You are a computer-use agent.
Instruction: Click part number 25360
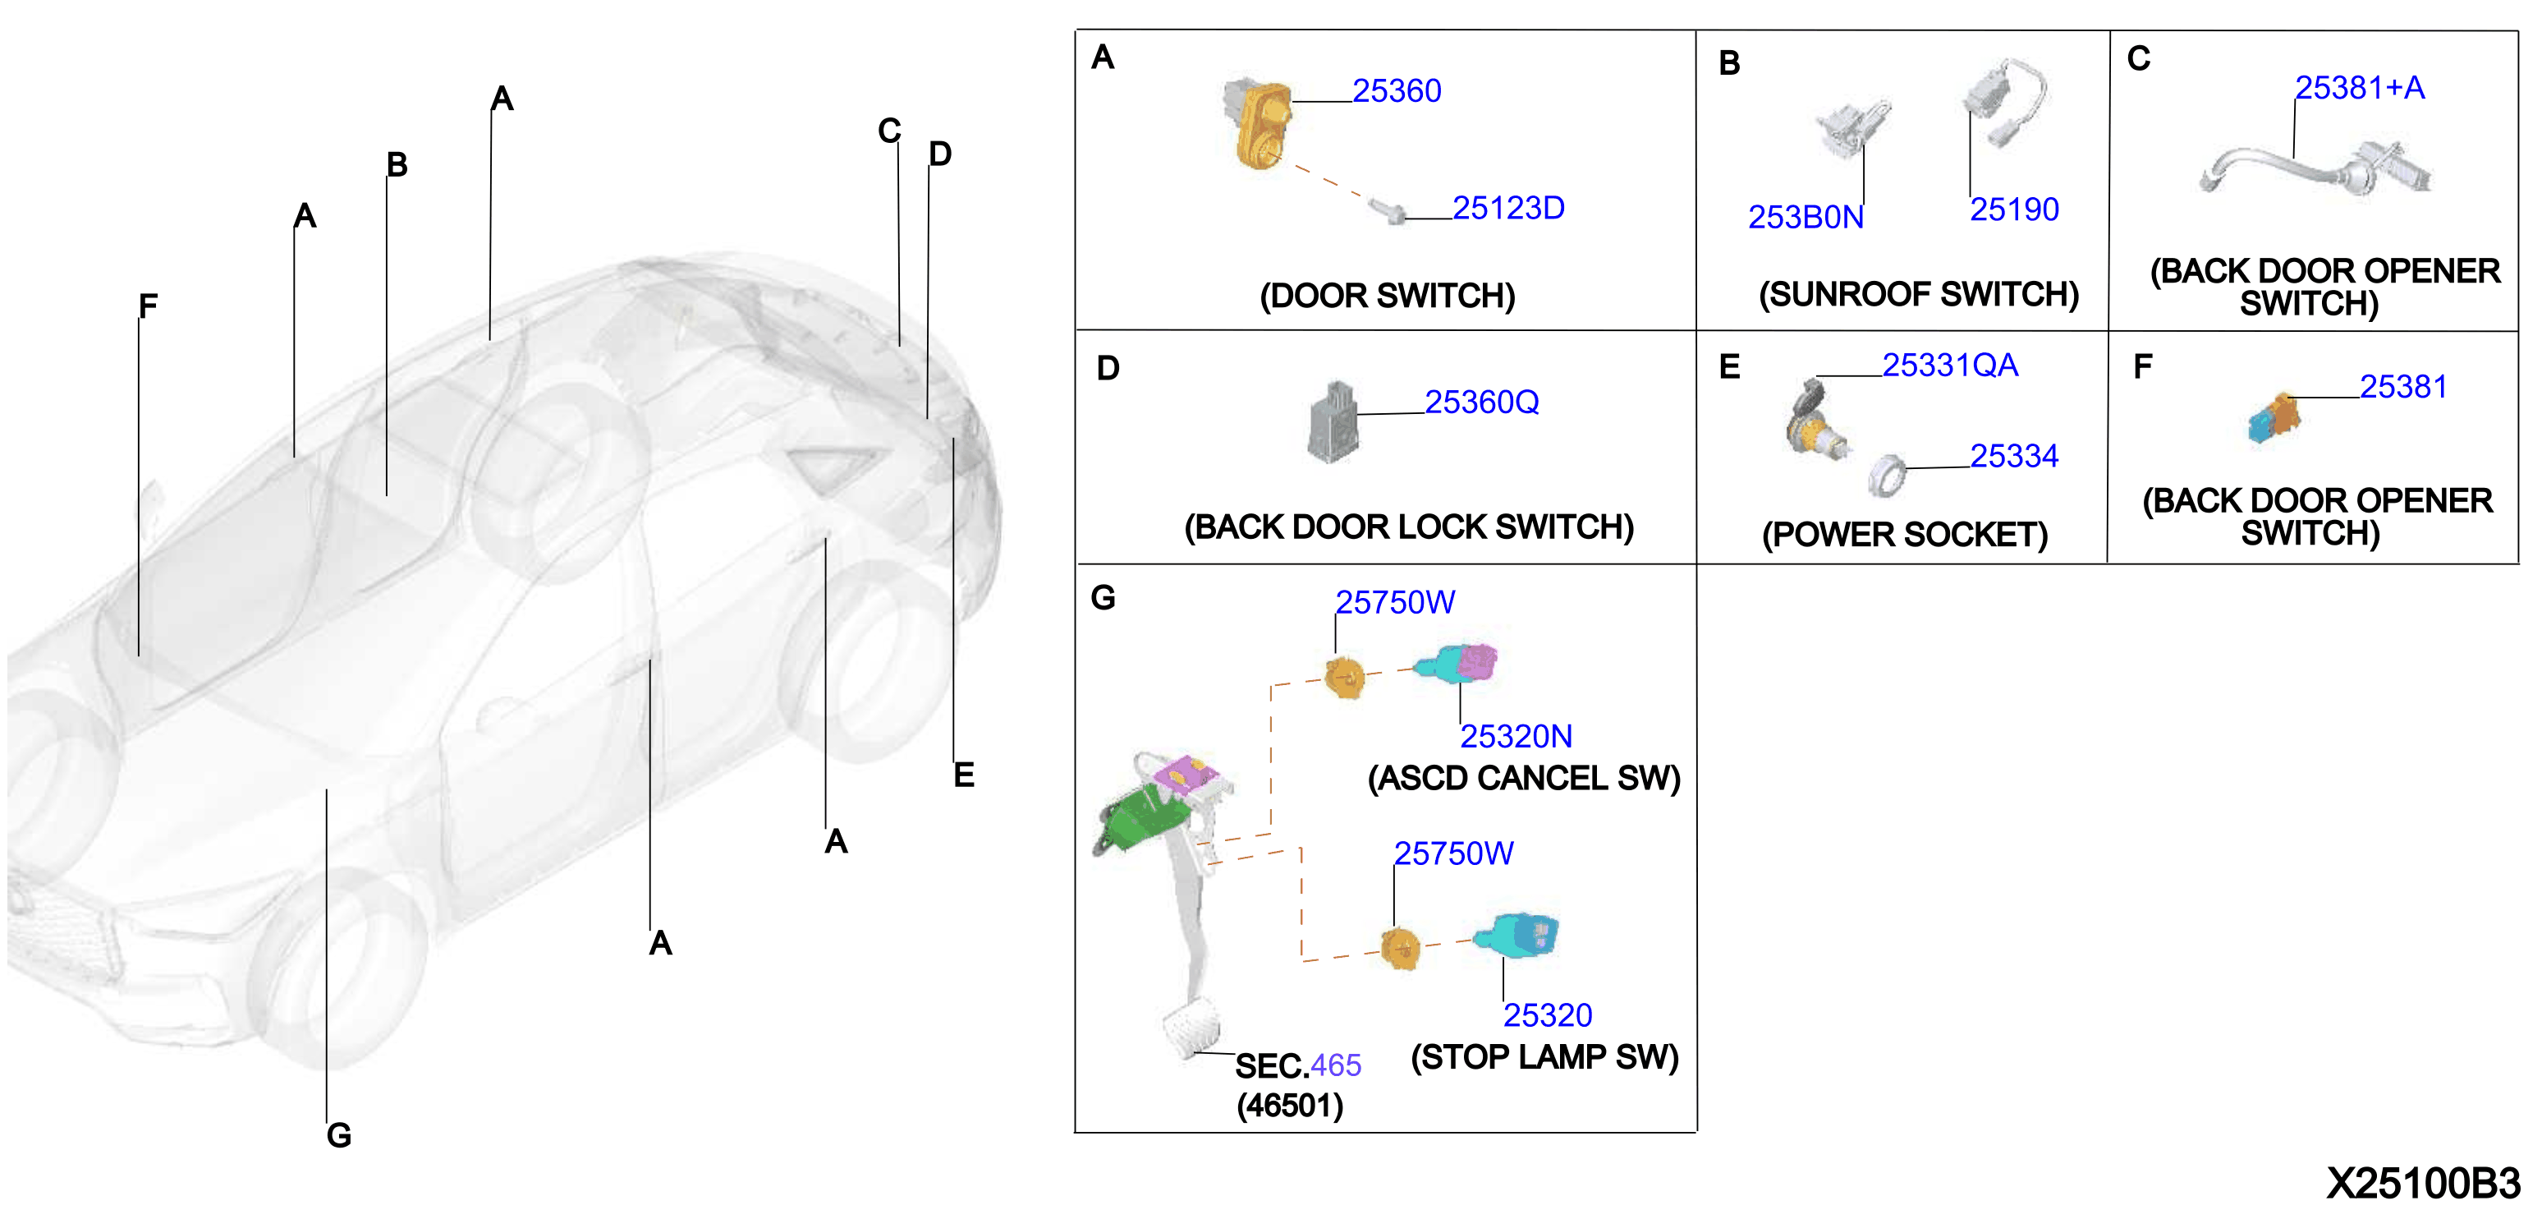coord(1397,91)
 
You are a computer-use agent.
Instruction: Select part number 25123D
coord(1507,209)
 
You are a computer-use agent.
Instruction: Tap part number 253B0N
coord(1806,217)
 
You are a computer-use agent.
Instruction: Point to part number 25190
coord(2014,209)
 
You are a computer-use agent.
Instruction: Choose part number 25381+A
coord(2360,88)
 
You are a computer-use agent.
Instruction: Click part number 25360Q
coord(1481,402)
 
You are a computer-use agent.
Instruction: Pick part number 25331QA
coord(1950,366)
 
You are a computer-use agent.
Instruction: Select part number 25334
coord(2014,456)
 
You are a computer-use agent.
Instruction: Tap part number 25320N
coord(1516,736)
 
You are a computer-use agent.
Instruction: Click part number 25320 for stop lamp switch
coord(1548,1014)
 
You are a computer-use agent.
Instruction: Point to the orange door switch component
coord(1258,123)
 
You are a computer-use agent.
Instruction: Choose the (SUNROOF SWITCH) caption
coord(1918,294)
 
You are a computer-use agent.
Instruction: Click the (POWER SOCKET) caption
coord(1905,535)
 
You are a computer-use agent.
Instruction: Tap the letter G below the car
coord(338,1135)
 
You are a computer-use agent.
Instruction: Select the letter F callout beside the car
coord(148,306)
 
